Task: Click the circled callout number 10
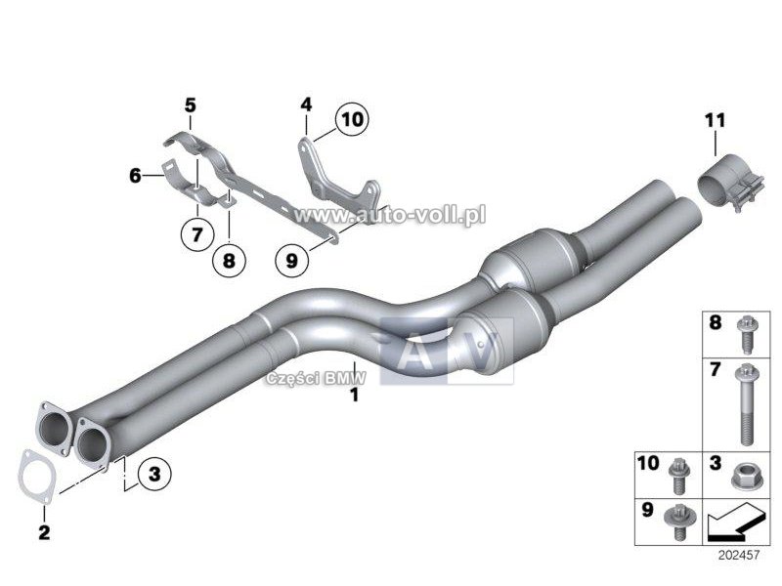[x=352, y=119]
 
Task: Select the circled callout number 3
[x=154, y=474]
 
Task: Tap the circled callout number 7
[x=197, y=233]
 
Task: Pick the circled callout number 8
[x=229, y=260]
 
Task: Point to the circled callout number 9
[x=291, y=260]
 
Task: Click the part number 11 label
[x=716, y=120]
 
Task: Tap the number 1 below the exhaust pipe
[x=354, y=396]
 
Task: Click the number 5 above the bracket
[x=190, y=105]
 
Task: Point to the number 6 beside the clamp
[x=135, y=176]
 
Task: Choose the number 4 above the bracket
[x=306, y=105]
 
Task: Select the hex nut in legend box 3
[x=744, y=476]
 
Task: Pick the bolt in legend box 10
[x=678, y=476]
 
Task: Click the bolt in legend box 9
[x=676, y=522]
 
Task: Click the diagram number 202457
[x=739, y=555]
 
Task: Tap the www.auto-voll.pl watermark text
[x=389, y=215]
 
